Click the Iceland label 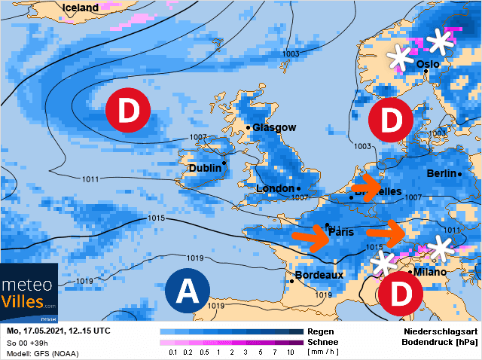point(81,8)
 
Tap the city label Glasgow point(274,128)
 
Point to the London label point(274,188)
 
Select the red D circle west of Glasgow point(128,111)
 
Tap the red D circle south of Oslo point(390,119)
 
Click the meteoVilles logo point(29,294)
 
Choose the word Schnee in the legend point(323,342)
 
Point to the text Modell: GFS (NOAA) point(42,352)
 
